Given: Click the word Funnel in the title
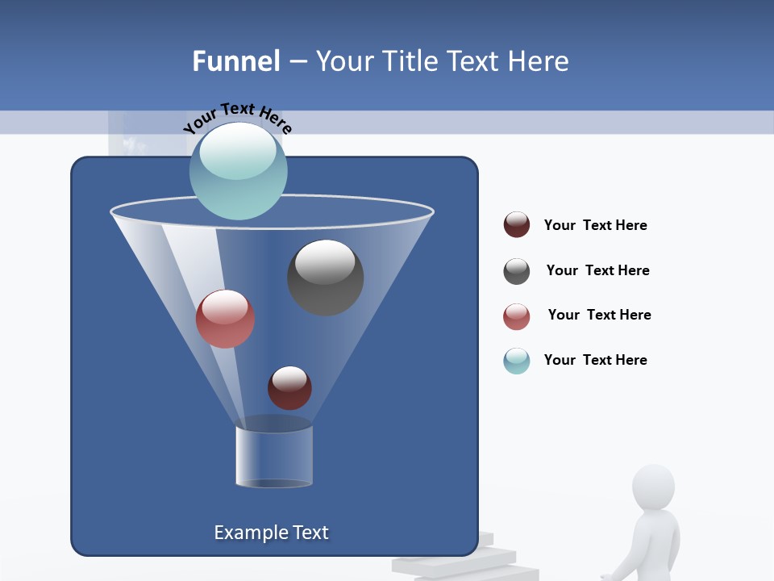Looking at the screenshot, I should pos(235,61).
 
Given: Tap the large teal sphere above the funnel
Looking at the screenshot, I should pos(238,170).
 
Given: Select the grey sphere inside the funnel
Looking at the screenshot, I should pos(325,278).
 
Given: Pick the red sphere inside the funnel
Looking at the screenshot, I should pos(225,319).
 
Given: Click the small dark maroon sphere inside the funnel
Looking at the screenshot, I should pos(289,388).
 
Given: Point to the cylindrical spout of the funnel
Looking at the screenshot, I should pos(274,456).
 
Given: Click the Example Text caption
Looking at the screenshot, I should pos(272,533).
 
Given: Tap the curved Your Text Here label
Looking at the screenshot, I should pos(237,118).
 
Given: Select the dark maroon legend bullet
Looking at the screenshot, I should pos(517,225).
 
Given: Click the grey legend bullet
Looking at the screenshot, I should pos(517,271).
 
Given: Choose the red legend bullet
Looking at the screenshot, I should pos(517,316).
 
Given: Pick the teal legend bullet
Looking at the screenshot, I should pos(517,361).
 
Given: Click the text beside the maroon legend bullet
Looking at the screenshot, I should pos(595,225).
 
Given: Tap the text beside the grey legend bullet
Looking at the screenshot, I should pos(597,270).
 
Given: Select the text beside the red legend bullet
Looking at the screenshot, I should pos(599,315).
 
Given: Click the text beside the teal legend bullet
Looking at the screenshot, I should pos(595,360).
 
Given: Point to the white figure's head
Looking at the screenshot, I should pos(653,487).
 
